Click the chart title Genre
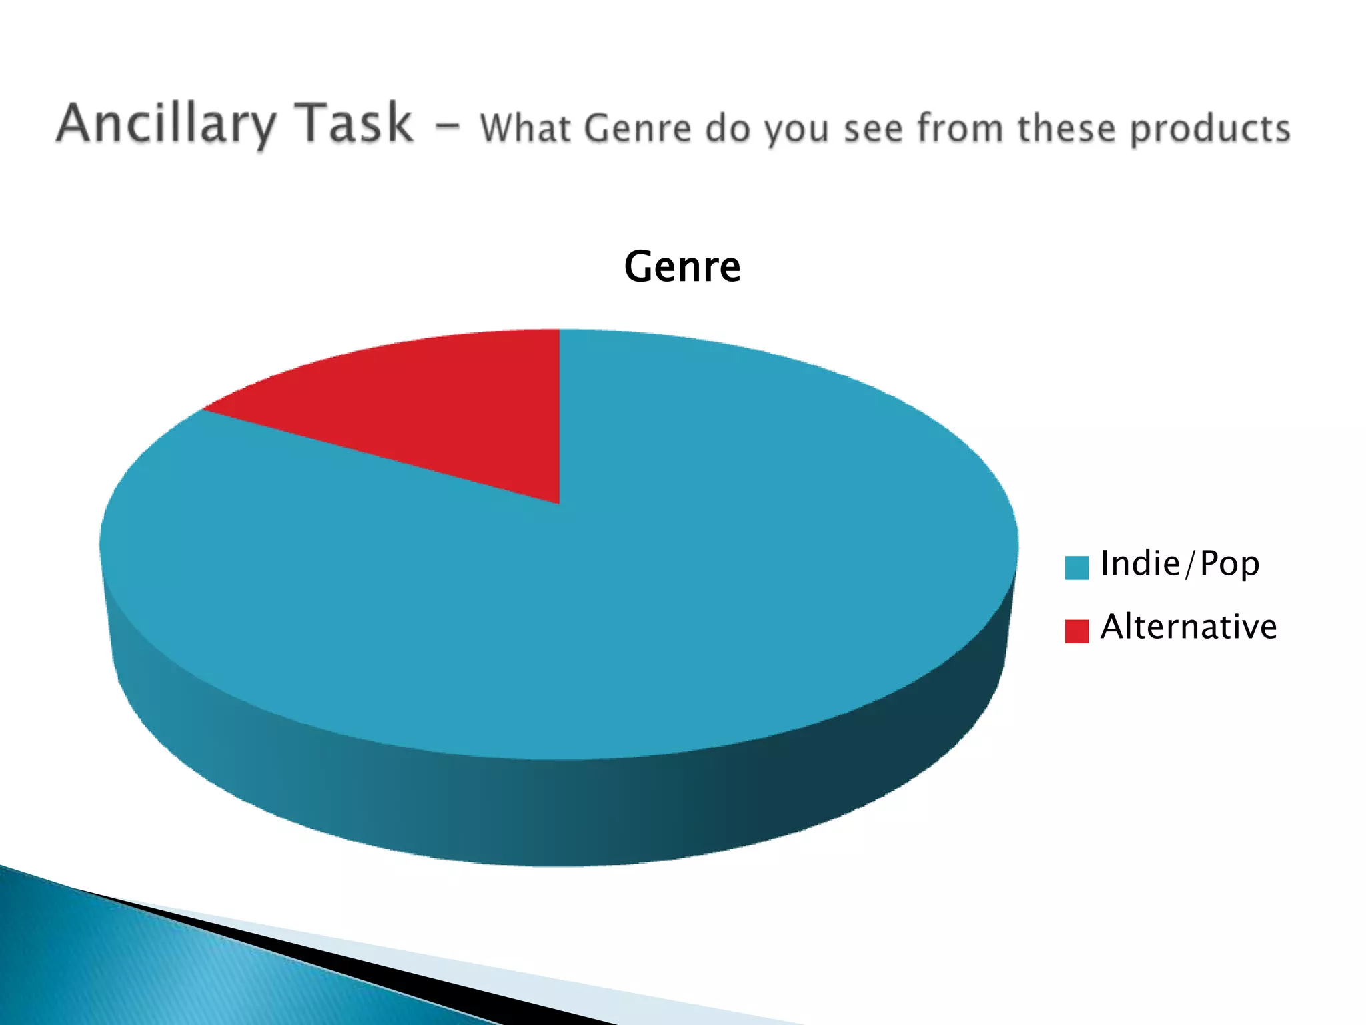pyautogui.click(x=682, y=266)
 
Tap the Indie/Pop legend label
pyautogui.click(x=1179, y=564)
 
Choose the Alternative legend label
pyautogui.click(x=1188, y=627)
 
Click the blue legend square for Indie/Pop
pyautogui.click(x=1077, y=567)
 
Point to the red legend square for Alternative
pyautogui.click(x=1077, y=631)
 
